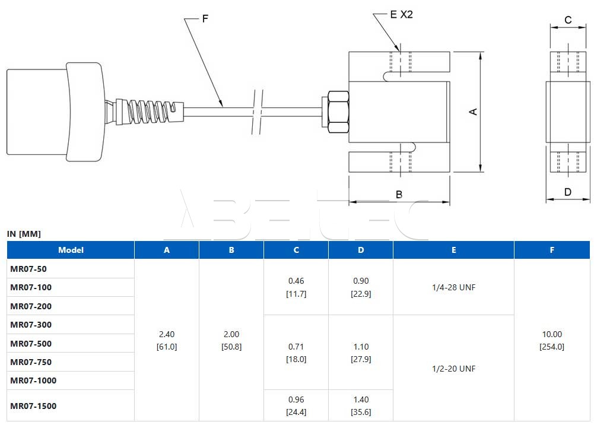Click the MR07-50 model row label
(x=28, y=269)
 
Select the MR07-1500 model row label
(x=33, y=406)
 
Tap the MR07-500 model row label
(x=31, y=344)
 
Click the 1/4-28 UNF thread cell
(x=453, y=287)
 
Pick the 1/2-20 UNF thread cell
(x=453, y=369)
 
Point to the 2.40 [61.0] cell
(x=167, y=340)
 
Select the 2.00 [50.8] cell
(x=231, y=340)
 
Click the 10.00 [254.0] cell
(x=552, y=340)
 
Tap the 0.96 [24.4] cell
(x=296, y=405)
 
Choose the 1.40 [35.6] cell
(x=361, y=405)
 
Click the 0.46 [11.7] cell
(x=296, y=287)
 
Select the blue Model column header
(x=71, y=250)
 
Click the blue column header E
(x=453, y=250)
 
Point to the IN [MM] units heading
(x=24, y=234)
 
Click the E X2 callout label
(x=401, y=15)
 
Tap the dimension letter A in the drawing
(x=474, y=112)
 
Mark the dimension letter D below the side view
(x=568, y=192)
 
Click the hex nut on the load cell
(x=337, y=112)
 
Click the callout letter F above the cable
(x=205, y=19)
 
